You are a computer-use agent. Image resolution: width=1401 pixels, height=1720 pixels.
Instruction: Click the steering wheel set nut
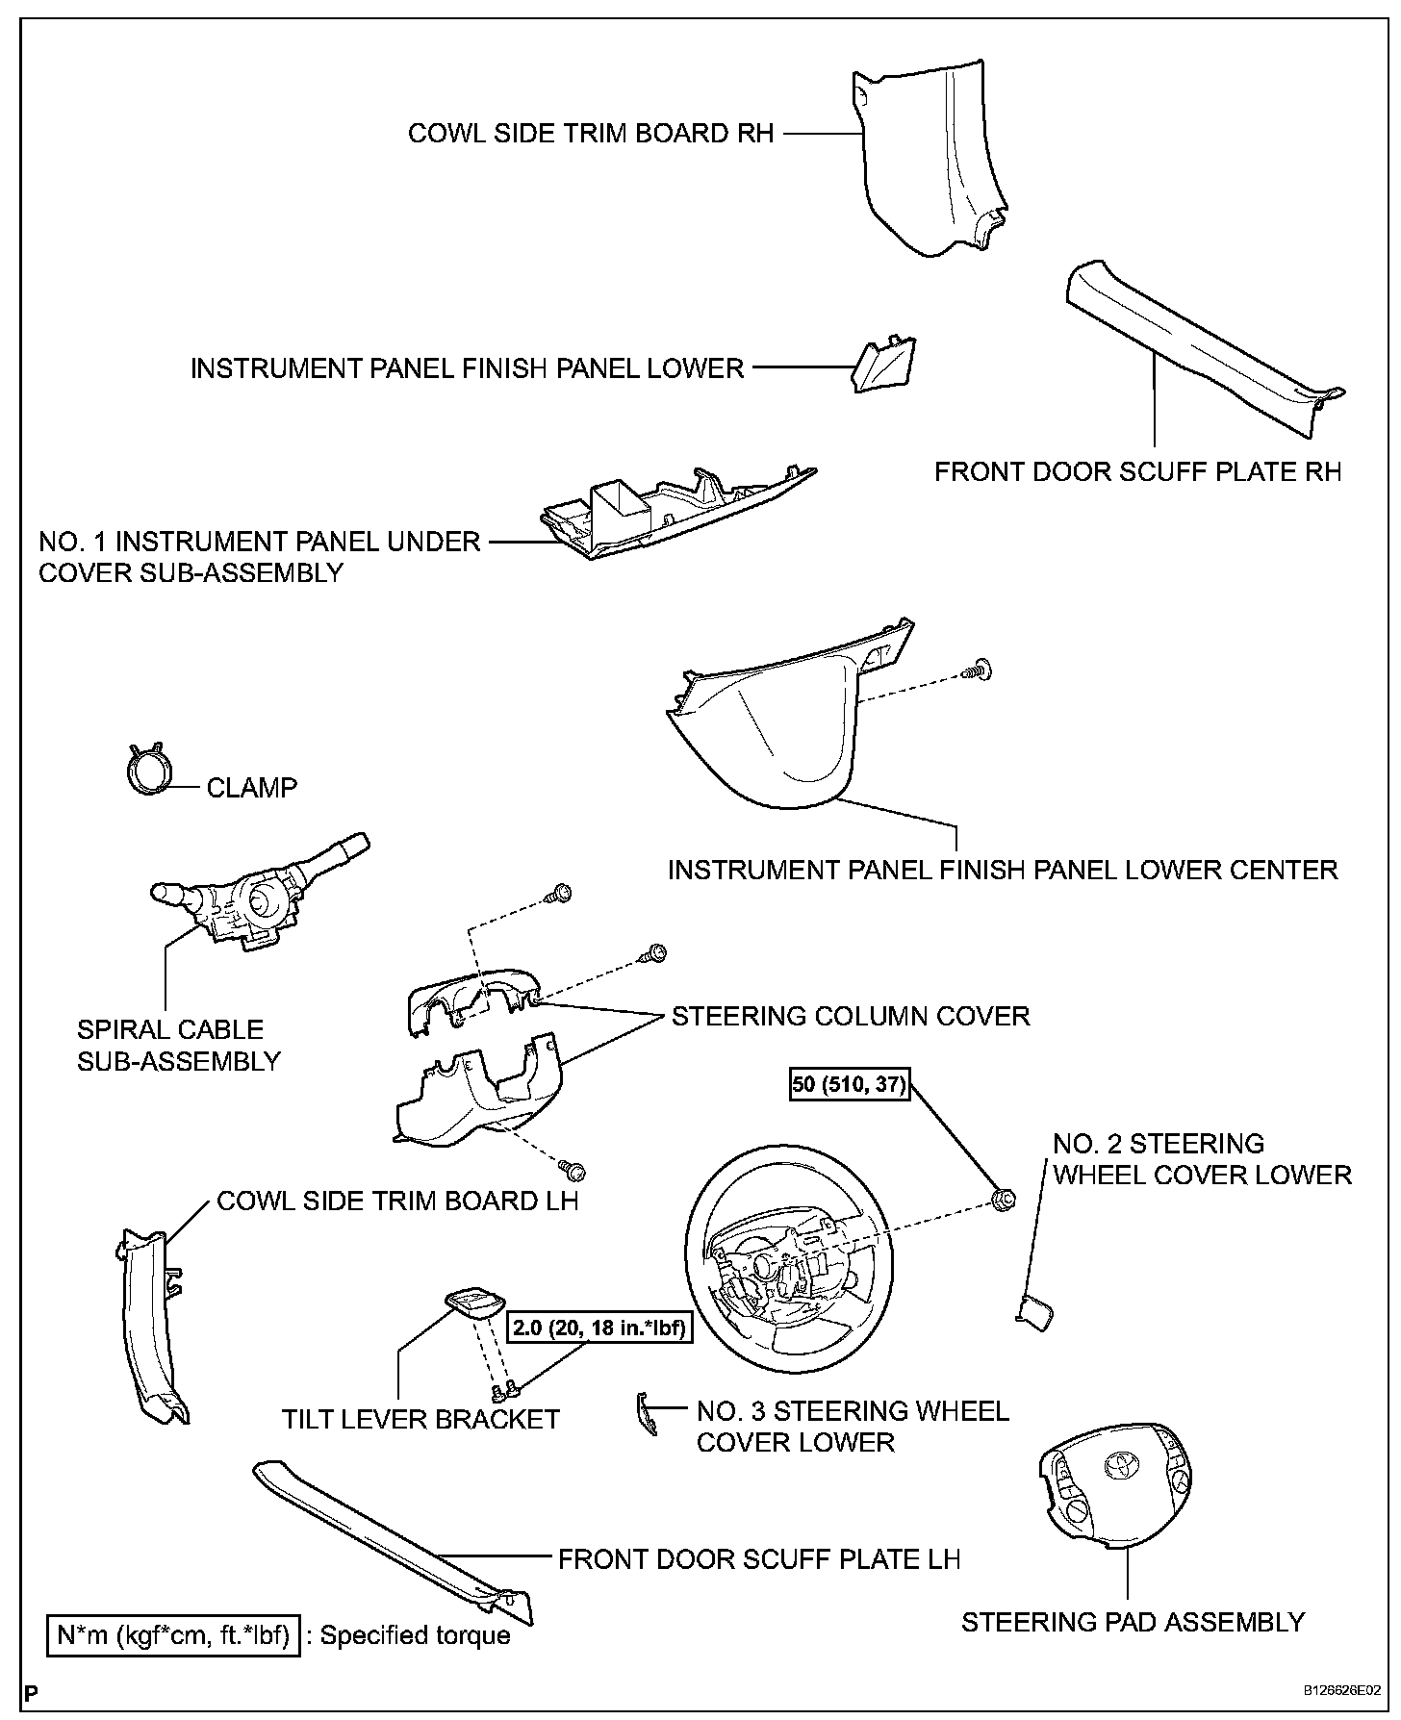pyautogui.click(x=1002, y=1198)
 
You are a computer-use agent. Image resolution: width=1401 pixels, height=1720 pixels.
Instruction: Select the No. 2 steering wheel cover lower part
pyautogui.click(x=1034, y=1311)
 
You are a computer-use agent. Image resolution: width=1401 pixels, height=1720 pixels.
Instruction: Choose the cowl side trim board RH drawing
pyautogui.click(x=929, y=159)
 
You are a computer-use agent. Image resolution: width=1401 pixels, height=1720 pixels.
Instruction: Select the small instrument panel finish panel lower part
pyautogui.click(x=884, y=365)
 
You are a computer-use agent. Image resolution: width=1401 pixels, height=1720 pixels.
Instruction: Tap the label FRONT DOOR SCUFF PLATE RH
pyautogui.click(x=1137, y=472)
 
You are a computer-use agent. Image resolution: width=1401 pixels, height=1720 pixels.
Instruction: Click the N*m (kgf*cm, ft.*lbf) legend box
pyautogui.click(x=175, y=1634)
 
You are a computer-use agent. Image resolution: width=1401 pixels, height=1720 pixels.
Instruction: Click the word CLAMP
pyautogui.click(x=252, y=788)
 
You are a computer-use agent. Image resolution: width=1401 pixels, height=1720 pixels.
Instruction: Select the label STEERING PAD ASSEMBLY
pyautogui.click(x=1133, y=1622)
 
